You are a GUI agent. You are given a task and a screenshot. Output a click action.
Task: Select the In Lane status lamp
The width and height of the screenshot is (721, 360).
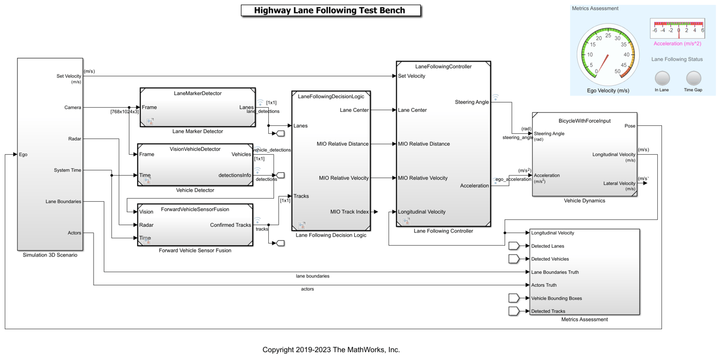662,78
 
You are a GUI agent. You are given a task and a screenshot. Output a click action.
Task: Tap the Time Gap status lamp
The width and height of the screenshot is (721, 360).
693,78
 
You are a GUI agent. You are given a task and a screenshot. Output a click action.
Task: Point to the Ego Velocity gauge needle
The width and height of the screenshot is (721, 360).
603,64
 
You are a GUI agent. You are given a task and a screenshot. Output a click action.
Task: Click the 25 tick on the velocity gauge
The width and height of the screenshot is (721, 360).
608,36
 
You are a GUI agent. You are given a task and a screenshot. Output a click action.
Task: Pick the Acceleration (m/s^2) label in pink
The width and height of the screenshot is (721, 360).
677,43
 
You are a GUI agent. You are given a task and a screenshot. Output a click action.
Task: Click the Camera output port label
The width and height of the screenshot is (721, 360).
73,108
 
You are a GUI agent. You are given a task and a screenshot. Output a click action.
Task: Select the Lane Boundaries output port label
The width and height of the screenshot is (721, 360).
63,201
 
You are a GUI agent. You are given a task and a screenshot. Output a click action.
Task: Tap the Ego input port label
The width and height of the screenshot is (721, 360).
23,155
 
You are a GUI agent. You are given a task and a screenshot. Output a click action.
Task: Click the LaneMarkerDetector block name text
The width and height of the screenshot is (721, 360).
198,94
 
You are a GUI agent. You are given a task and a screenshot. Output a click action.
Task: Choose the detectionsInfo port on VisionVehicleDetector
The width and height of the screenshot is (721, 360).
235,176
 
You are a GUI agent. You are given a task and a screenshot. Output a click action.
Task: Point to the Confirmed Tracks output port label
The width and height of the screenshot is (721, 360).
231,225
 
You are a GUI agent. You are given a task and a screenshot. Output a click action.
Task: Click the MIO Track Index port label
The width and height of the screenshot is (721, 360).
349,212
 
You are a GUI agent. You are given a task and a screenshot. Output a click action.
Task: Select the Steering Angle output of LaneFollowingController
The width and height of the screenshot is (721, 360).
472,102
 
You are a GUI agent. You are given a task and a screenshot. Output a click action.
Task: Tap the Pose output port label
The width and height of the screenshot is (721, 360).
630,126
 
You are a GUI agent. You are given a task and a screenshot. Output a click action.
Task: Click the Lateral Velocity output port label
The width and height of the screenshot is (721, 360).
619,183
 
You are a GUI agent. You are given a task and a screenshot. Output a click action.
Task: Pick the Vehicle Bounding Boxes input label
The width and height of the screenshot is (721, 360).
556,298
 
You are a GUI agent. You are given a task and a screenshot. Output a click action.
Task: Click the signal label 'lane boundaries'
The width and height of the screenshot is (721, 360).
313,276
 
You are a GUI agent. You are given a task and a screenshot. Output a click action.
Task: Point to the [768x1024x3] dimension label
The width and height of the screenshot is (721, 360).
124,112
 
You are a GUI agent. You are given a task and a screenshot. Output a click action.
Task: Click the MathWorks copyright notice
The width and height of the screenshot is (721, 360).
331,350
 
